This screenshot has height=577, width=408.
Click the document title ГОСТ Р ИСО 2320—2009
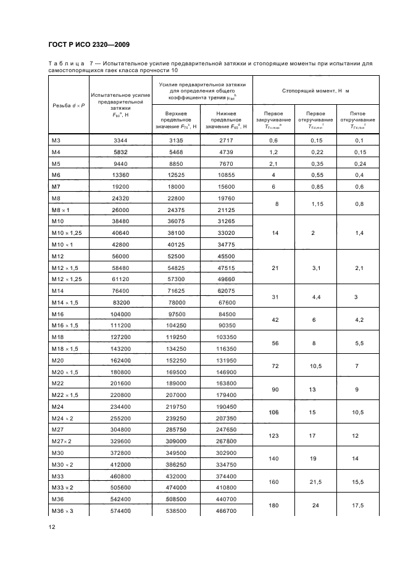(x=88, y=44)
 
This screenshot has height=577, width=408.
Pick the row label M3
(x=56, y=141)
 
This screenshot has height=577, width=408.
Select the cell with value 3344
(x=120, y=141)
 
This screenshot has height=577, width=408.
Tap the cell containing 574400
(x=120, y=512)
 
